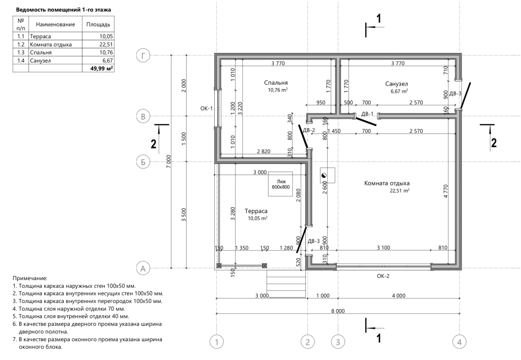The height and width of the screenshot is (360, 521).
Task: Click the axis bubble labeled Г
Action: [143, 56]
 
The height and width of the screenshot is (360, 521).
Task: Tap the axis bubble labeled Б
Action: [143, 162]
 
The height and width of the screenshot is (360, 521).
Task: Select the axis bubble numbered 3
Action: [338, 341]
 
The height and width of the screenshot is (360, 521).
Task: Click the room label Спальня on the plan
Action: [276, 83]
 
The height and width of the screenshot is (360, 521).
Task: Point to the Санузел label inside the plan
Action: [396, 84]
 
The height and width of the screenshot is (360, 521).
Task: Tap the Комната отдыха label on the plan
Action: [387, 183]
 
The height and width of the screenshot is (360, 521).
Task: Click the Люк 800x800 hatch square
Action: [280, 184]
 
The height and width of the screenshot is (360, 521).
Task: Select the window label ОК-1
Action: [207, 108]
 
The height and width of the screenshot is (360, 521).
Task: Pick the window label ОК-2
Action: [383, 276]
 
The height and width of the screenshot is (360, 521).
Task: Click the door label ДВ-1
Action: [367, 114]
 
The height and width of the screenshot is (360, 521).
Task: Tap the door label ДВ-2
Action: [309, 130]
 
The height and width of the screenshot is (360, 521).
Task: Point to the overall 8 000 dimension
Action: [338, 311]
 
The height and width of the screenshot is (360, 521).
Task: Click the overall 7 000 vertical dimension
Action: [168, 161]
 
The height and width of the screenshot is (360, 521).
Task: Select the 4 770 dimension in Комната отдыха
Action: [446, 191]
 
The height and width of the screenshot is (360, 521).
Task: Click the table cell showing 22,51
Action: [106, 44]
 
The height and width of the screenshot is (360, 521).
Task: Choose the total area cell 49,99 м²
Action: [102, 68]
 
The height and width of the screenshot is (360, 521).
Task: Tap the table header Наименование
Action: [55, 24]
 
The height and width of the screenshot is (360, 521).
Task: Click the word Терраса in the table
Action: [40, 37]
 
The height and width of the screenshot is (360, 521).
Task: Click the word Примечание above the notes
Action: [30, 278]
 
